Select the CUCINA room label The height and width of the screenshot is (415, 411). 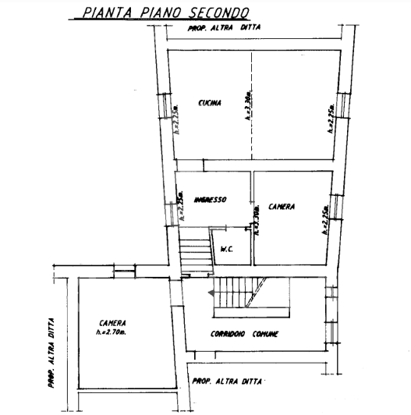(209, 104)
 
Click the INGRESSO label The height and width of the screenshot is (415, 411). (210, 200)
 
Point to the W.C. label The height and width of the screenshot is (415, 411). (229, 250)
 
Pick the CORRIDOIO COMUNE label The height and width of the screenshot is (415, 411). (245, 335)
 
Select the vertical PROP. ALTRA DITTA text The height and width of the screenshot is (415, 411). (49, 351)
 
